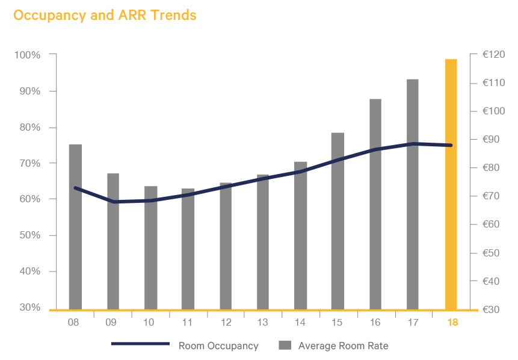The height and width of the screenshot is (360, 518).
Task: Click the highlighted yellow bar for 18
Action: (x=451, y=184)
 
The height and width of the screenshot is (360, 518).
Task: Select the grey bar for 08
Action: (x=75, y=226)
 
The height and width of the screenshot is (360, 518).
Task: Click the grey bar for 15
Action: (x=338, y=220)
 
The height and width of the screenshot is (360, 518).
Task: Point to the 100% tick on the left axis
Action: (x=28, y=55)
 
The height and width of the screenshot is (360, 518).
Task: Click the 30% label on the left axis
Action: (x=29, y=308)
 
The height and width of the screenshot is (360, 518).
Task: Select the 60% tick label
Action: (x=29, y=199)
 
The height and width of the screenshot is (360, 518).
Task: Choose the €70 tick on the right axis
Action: (x=493, y=196)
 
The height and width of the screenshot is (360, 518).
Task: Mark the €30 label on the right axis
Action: (x=493, y=309)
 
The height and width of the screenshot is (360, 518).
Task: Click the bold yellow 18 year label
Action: (x=452, y=323)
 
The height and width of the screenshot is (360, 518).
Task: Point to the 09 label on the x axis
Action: (x=111, y=323)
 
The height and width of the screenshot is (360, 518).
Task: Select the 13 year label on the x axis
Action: (x=262, y=323)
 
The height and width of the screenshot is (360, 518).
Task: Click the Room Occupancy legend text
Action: (x=218, y=346)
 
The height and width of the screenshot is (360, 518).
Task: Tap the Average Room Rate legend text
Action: (x=343, y=346)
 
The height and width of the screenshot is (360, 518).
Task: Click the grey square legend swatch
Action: (x=285, y=345)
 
